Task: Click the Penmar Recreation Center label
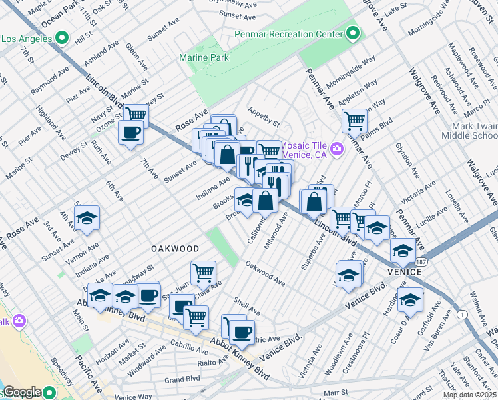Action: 288,33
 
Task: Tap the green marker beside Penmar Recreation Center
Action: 352,33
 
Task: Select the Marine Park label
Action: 204,58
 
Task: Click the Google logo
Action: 22,392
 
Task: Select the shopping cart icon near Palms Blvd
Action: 355,121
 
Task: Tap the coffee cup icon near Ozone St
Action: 130,131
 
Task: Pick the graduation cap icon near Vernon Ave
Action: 87,219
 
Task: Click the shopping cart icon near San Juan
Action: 203,272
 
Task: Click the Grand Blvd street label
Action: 182,379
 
